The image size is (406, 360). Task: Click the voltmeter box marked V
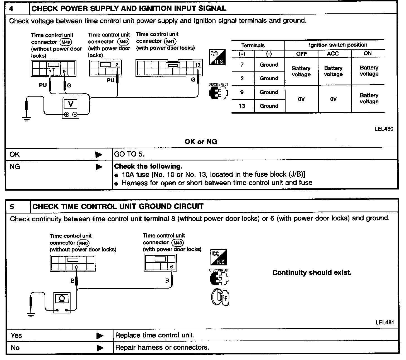pos(71,104)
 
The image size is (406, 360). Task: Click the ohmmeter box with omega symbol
pos(62,299)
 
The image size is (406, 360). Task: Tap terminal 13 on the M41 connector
pos(197,65)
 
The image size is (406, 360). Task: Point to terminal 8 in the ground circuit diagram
pos(76,267)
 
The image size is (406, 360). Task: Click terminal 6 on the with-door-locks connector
pos(171,267)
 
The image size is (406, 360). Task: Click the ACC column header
pos(333,54)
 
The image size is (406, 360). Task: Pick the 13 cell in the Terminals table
pos(242,106)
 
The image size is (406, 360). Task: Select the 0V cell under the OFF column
pos(301,99)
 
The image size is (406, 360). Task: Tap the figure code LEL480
pos(384,129)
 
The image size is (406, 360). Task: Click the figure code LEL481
pos(385,322)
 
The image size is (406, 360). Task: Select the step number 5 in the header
pos(12,207)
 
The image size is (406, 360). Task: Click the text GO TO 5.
pos(129,154)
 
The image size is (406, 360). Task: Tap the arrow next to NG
pos(99,167)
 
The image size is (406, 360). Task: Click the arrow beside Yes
pos(100,336)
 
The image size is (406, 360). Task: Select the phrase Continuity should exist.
pos(312,273)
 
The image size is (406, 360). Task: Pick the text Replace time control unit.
pos(154,335)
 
